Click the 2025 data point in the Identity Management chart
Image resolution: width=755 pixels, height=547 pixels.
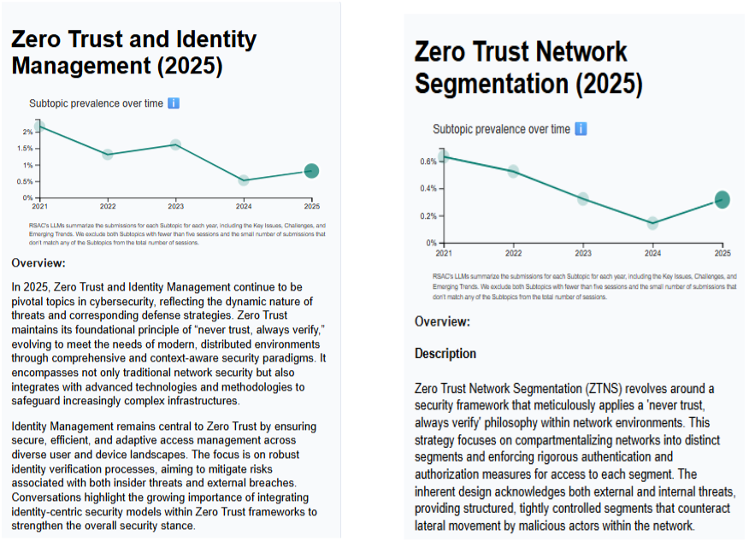tap(311, 171)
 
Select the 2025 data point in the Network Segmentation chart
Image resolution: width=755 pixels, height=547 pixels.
tap(722, 200)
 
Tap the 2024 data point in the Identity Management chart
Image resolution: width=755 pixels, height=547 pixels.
tap(244, 180)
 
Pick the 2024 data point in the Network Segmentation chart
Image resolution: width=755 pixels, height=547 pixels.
tap(652, 223)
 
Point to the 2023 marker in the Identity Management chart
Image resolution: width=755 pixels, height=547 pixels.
tap(176, 144)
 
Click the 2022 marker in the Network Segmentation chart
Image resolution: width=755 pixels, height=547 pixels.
tap(513, 172)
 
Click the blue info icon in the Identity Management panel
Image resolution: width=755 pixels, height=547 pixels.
tap(174, 103)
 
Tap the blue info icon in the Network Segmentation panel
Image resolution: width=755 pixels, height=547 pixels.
tap(581, 129)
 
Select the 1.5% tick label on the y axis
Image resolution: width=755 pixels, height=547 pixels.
tap(25, 149)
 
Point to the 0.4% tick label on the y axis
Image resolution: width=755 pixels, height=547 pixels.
tap(428, 188)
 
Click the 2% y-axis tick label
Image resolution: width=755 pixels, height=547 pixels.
tap(27, 132)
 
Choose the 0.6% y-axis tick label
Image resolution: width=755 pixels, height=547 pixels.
tap(428, 162)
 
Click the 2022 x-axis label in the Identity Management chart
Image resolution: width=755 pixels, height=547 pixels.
tap(108, 206)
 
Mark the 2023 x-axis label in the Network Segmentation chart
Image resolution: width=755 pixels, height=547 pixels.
tap(583, 253)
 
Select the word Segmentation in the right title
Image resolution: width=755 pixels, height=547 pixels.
tap(492, 84)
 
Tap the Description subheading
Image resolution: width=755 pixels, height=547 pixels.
tap(445, 354)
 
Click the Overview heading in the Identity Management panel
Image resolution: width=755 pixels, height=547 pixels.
tap(38, 263)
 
